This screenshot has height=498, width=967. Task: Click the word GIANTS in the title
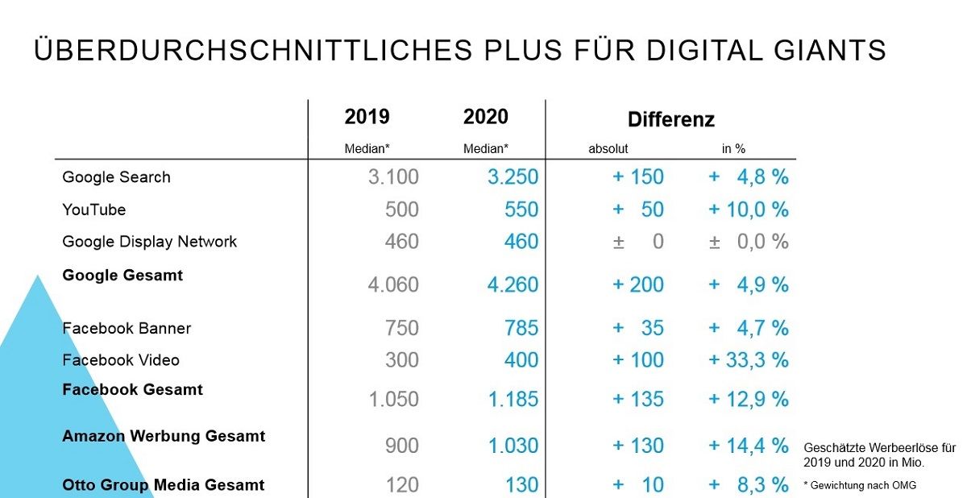tap(830, 50)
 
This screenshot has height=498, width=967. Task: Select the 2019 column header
tap(367, 117)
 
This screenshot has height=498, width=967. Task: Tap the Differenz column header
tap(670, 119)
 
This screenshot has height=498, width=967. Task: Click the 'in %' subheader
tap(733, 149)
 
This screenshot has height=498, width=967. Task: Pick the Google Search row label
tap(116, 177)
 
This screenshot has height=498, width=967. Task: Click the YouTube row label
tap(94, 210)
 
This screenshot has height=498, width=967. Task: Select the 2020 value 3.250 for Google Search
tap(513, 177)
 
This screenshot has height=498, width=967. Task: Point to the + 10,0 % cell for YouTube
tap(749, 210)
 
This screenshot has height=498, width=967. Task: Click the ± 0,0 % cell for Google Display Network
tap(749, 242)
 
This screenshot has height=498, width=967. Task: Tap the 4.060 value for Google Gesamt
tap(393, 284)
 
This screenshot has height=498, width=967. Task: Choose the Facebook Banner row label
tap(127, 329)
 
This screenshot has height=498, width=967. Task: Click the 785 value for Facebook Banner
tap(521, 328)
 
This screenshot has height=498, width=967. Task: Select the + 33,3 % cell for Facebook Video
tap(749, 360)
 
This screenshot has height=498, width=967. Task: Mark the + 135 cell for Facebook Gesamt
tap(638, 399)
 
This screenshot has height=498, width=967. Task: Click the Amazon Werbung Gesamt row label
tap(164, 436)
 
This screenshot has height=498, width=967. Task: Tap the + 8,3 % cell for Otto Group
tap(749, 485)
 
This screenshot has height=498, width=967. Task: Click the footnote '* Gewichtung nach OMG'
tap(860, 485)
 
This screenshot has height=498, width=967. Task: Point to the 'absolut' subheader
tap(608, 149)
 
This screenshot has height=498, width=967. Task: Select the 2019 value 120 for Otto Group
tap(402, 485)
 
